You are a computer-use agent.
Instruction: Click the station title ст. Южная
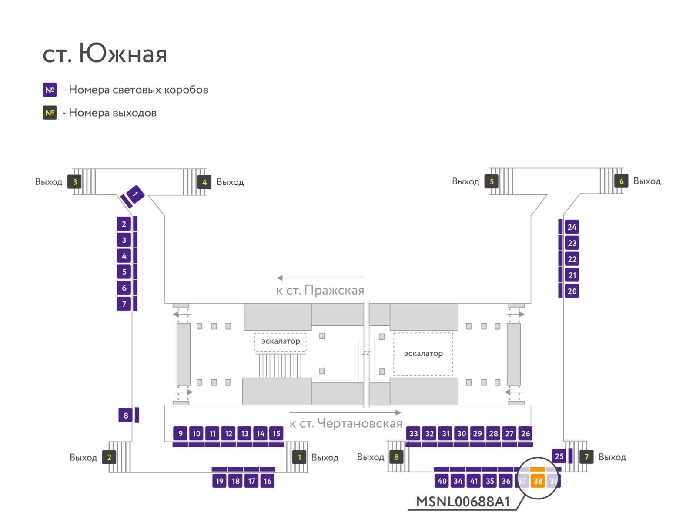[x=105, y=54]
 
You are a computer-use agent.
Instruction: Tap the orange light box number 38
[x=538, y=481]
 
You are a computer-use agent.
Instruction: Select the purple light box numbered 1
[x=135, y=194]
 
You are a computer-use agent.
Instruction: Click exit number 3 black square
[x=74, y=181]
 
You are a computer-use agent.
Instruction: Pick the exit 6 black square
[x=621, y=181]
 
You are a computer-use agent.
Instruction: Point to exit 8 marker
[x=396, y=457]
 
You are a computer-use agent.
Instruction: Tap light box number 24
[x=572, y=227]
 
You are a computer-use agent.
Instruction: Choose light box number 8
[x=126, y=415]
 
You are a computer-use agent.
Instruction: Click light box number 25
[x=559, y=456]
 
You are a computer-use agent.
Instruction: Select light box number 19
[x=219, y=481]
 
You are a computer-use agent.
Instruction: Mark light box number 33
[x=414, y=433]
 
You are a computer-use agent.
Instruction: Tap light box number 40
[x=442, y=481]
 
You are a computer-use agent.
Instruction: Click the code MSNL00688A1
[x=463, y=502]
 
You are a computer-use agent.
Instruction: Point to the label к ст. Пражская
[x=320, y=290]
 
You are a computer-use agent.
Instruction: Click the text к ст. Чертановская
[x=346, y=423]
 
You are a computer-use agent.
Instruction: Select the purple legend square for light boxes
[x=50, y=90]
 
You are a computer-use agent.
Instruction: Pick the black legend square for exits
[x=50, y=113]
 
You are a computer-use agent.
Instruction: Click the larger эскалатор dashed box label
[x=423, y=353]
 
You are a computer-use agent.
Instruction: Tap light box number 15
[x=277, y=433]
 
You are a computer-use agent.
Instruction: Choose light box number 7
[x=124, y=304]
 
